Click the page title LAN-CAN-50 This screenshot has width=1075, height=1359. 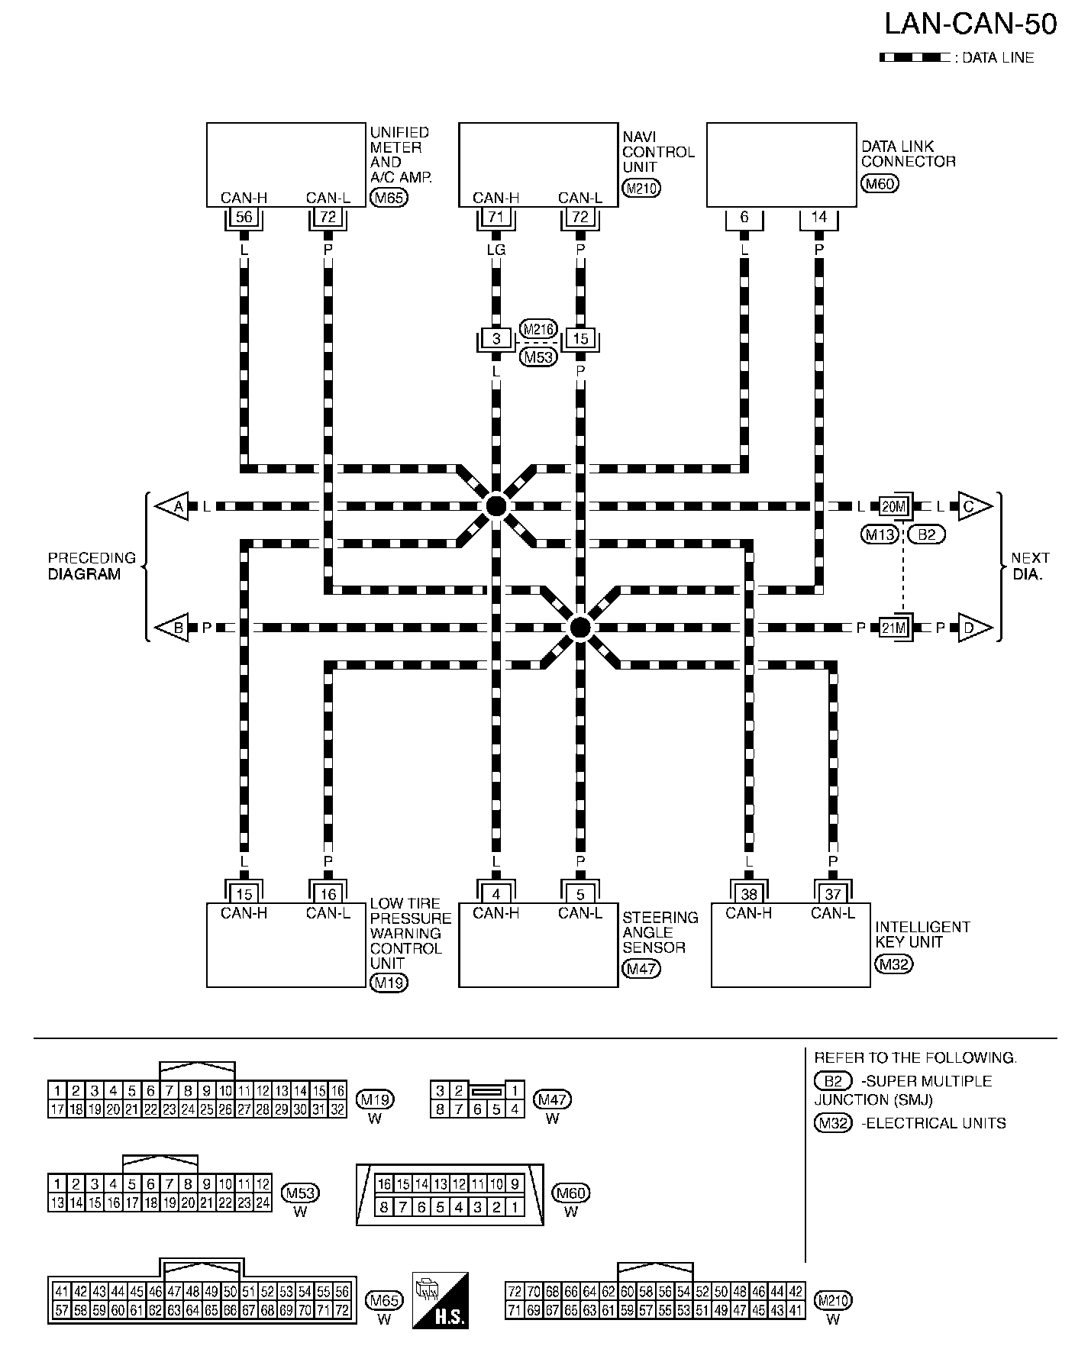[x=970, y=24]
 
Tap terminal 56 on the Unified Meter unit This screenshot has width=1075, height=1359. [x=244, y=217]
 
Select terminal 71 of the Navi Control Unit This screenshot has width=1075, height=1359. [x=496, y=217]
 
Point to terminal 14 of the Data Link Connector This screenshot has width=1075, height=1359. [x=818, y=217]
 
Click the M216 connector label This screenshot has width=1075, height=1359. [x=538, y=329]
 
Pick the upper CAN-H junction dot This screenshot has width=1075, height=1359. [x=496, y=505]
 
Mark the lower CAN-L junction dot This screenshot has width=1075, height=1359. [x=580, y=628]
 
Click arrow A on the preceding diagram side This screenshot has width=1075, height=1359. [x=173, y=506]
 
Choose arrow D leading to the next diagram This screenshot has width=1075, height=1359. [x=974, y=628]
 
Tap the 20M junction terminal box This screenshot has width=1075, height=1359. [x=893, y=506]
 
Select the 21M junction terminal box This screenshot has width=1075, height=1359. [x=893, y=628]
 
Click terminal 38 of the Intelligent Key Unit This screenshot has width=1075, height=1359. [x=749, y=894]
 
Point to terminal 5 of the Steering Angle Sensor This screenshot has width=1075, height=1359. [x=580, y=894]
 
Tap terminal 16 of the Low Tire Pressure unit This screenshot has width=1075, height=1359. [x=328, y=894]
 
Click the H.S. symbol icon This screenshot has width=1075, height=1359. [x=440, y=1300]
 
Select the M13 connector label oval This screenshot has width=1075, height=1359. [x=880, y=534]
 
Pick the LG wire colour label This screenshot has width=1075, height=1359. [x=496, y=250]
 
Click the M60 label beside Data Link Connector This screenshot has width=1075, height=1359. [x=880, y=183]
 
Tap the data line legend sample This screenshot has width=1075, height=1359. [x=913, y=57]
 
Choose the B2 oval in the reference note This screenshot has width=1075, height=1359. [x=833, y=1081]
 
